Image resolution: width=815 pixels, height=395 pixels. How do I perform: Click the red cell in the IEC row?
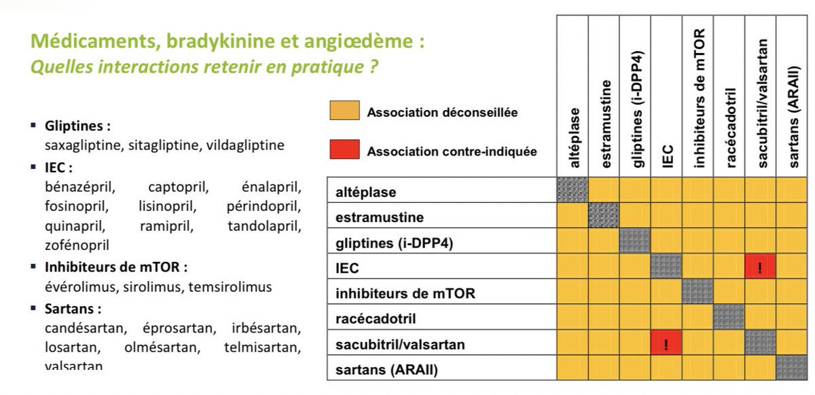(761, 267)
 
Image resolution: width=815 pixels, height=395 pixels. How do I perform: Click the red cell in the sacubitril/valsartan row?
(666, 344)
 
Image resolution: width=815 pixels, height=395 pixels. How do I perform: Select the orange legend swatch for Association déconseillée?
(344, 111)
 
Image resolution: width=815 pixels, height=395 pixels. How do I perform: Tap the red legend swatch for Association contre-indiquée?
(344, 151)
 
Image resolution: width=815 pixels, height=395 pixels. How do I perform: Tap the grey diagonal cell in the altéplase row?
(573, 191)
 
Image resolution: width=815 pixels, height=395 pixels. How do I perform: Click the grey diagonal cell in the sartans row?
(792, 369)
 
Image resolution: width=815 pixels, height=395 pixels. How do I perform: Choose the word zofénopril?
(77, 244)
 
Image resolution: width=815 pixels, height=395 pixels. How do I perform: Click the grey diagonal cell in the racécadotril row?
(729, 318)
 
